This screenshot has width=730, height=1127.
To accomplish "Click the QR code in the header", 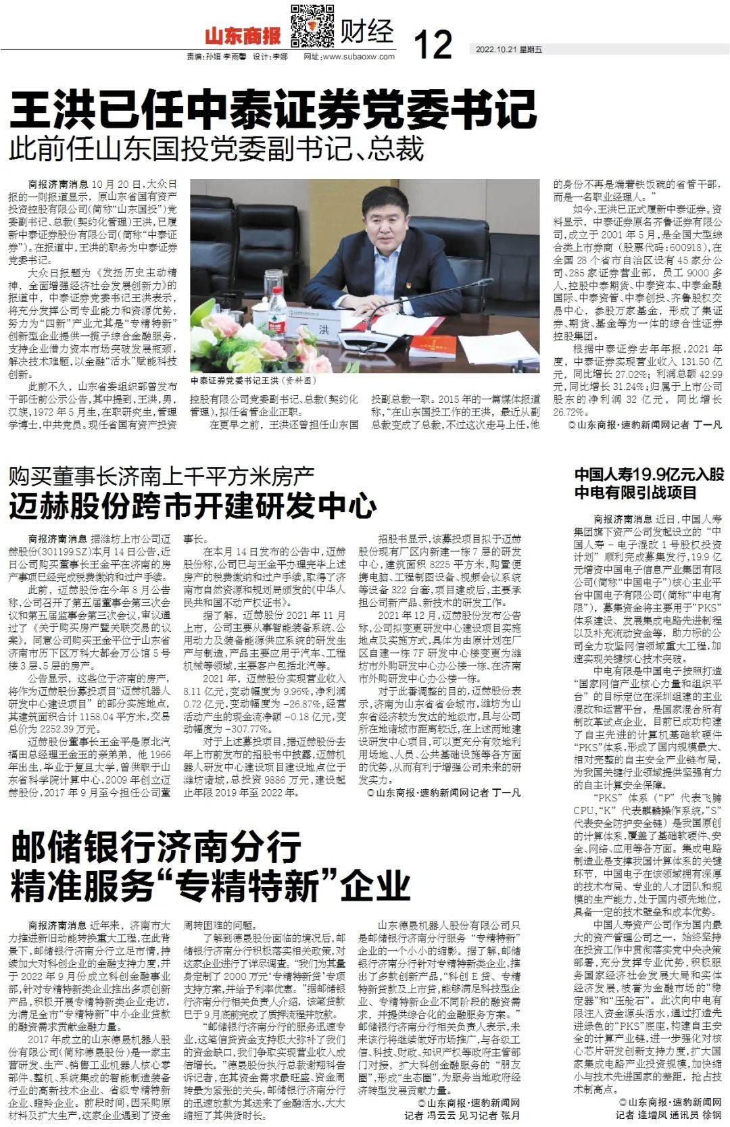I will pos(312,25).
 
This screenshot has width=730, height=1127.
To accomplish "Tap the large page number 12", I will pos(433,44).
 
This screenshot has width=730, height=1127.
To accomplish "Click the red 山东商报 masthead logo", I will pos(243,35).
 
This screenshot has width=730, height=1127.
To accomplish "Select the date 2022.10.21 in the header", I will pos(496,49).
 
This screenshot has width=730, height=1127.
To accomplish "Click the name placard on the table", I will pos(324,329).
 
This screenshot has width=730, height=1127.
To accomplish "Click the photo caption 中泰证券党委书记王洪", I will pos(246,381).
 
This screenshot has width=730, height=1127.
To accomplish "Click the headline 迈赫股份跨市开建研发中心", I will pos(193,505).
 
